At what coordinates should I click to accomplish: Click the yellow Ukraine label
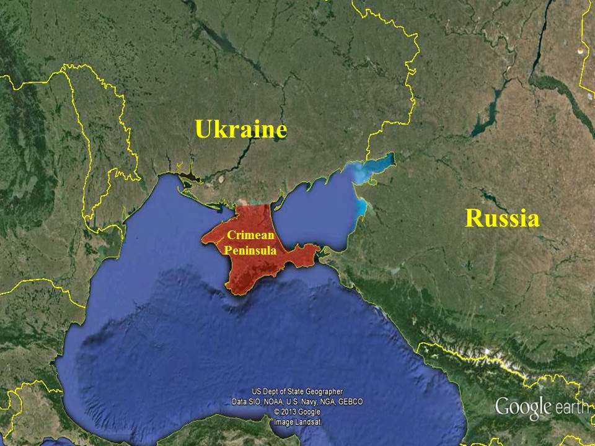click(x=241, y=130)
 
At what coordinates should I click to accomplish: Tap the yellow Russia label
click(x=502, y=219)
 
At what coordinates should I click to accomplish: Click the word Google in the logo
click(x=523, y=407)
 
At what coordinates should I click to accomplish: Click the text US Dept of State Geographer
click(x=297, y=391)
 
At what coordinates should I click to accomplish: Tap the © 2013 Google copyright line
click(x=297, y=411)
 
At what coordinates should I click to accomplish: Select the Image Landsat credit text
click(x=297, y=421)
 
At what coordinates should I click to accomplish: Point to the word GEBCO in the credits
click(x=350, y=401)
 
